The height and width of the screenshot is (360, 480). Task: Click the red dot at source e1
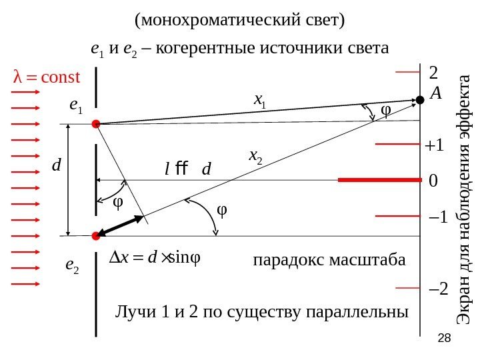[95, 123]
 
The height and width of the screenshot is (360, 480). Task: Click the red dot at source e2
[95, 235]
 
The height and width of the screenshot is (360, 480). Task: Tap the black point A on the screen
[420, 100]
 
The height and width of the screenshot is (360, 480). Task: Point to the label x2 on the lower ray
[255, 156]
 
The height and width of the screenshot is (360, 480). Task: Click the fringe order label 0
[433, 181]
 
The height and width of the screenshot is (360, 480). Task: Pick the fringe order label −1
[437, 217]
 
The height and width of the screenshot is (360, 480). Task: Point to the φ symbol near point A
[385, 109]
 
